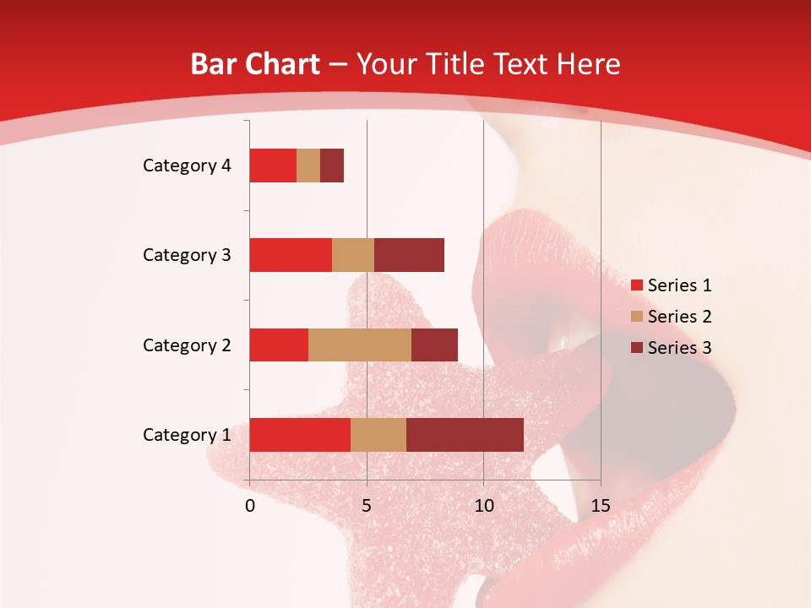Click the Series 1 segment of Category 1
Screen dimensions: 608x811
300,435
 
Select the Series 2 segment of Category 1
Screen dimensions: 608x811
378,435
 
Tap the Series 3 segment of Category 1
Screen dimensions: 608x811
465,435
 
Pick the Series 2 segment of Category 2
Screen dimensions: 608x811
360,345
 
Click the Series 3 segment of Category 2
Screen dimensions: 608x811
434,345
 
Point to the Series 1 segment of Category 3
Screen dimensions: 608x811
291,255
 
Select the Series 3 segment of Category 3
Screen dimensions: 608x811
409,255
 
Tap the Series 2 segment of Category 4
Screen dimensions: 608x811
308,166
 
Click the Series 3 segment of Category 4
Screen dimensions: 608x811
332,166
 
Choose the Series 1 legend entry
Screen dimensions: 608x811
672,285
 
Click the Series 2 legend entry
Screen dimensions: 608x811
672,317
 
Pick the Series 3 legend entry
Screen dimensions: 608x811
672,348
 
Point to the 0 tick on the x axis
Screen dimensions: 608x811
250,506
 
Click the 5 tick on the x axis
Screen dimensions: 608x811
367,506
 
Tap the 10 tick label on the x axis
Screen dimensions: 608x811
483,506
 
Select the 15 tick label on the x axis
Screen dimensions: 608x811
601,506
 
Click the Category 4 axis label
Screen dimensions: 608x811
187,166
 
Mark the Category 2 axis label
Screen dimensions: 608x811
187,345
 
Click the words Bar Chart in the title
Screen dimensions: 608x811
255,64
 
